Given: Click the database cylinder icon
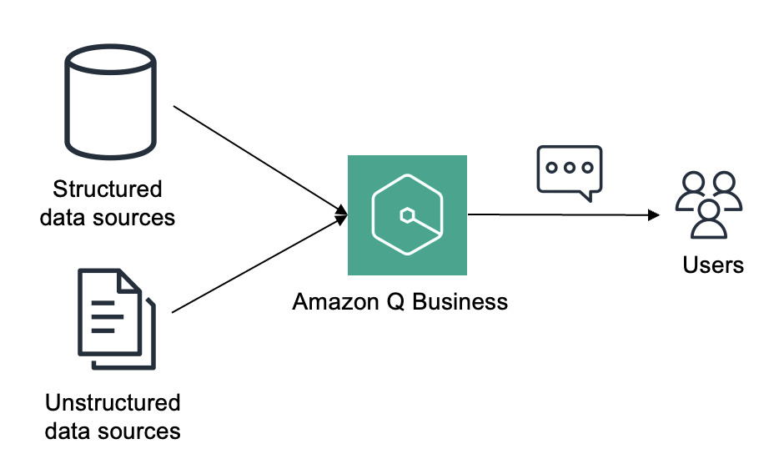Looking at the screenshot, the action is click(x=110, y=102).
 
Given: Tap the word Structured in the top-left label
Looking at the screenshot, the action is click(x=108, y=189).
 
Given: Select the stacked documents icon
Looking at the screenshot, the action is click(x=117, y=320).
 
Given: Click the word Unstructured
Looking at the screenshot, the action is click(x=113, y=403).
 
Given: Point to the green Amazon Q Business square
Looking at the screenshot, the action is click(x=407, y=214).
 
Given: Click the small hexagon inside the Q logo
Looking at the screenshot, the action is click(x=407, y=215).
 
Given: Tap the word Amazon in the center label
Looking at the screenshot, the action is click(x=335, y=302).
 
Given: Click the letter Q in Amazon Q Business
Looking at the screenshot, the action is click(x=396, y=302).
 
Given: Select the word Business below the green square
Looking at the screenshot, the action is click(x=460, y=302).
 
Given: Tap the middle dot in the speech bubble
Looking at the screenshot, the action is click(x=570, y=168).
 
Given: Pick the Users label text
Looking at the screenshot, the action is click(x=713, y=265).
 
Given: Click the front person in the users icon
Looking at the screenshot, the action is click(x=709, y=219).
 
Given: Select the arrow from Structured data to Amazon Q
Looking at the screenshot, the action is click(x=260, y=160).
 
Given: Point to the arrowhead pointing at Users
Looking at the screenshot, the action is click(x=654, y=215).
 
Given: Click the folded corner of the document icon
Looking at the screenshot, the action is click(x=128, y=280).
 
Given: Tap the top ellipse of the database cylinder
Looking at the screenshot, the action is click(x=110, y=59).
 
